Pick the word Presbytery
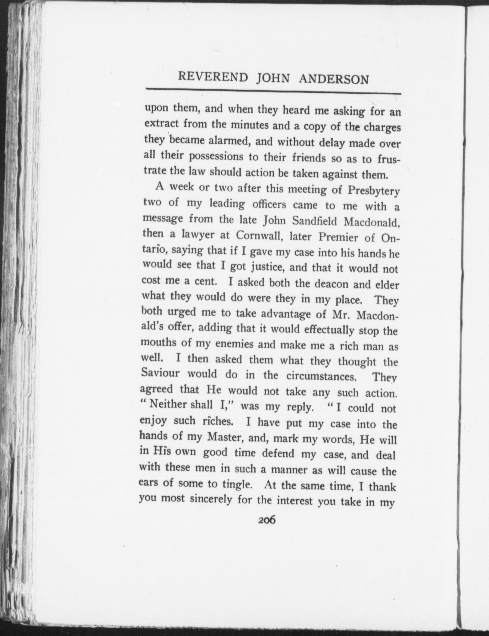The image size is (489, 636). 373,192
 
